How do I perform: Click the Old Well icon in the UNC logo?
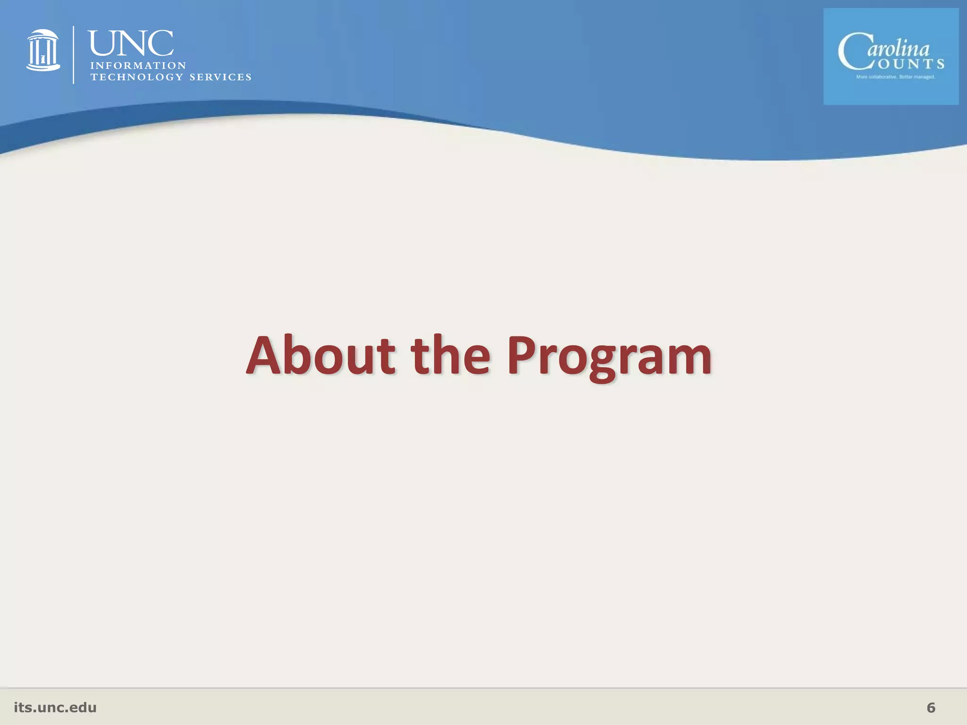coord(43,51)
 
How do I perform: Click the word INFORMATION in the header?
coord(138,66)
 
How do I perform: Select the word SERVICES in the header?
coord(221,77)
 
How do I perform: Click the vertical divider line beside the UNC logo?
coord(74,55)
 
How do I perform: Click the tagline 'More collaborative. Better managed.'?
coord(896,77)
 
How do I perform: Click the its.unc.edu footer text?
coord(55,708)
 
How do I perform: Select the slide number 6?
coord(931,708)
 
